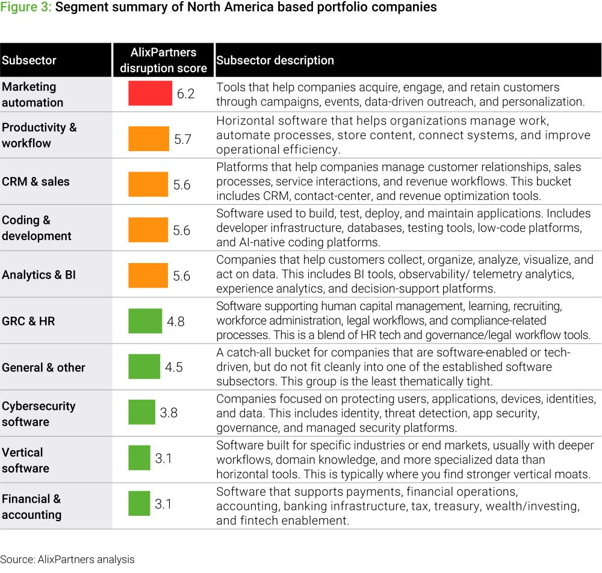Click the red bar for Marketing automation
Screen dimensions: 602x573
click(150, 93)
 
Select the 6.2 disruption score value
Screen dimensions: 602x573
click(185, 94)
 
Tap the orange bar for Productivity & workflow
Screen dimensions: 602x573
click(149, 138)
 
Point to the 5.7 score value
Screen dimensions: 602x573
click(183, 139)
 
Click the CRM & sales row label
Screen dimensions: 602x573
click(36, 181)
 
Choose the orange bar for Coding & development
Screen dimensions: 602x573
click(148, 230)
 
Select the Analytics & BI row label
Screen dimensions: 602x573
click(39, 275)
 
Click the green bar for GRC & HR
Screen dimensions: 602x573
click(145, 321)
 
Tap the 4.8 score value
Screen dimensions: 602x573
click(175, 321)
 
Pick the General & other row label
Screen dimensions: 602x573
click(43, 367)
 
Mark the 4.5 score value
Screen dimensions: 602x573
click(173, 367)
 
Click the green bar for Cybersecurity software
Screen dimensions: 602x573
click(141, 412)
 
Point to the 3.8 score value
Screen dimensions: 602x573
click(169, 412)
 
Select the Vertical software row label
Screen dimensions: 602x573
click(25, 460)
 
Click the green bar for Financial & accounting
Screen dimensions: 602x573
click(139, 504)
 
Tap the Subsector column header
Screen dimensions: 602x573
click(29, 60)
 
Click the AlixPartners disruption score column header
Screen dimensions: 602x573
click(163, 60)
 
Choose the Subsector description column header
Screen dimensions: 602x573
click(275, 60)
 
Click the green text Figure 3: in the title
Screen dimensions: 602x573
click(26, 7)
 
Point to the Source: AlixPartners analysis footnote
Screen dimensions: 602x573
click(67, 560)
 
